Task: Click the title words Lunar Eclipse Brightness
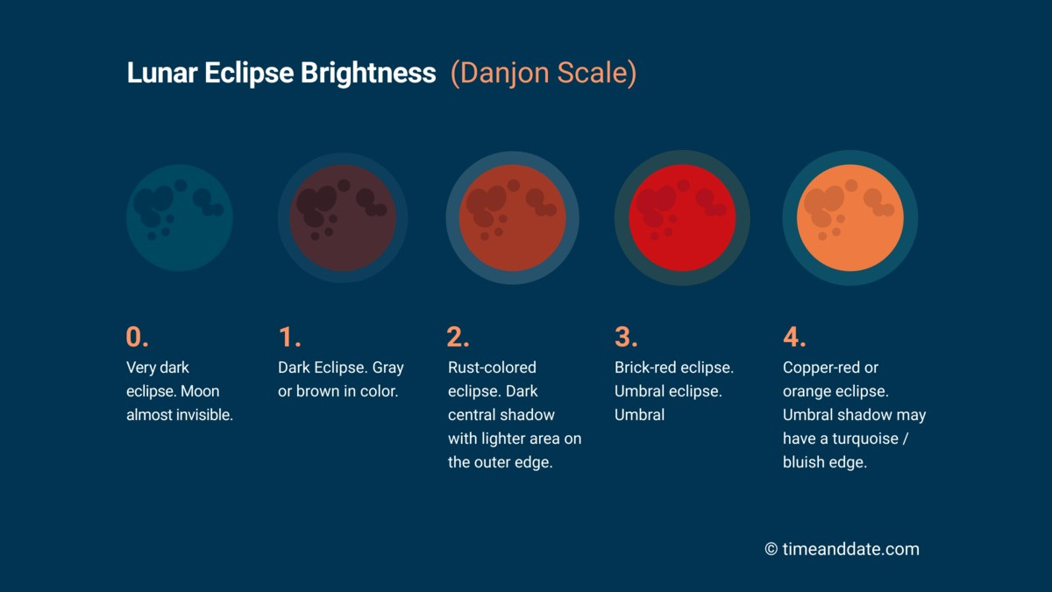point(281,74)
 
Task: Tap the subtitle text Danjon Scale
point(544,74)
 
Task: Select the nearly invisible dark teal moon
point(180,218)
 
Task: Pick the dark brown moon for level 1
point(343,218)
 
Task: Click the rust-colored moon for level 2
point(512,218)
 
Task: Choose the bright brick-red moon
point(681,218)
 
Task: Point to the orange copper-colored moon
point(849,218)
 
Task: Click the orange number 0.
point(137,338)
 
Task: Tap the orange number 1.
point(288,338)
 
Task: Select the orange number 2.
point(458,338)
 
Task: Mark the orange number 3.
point(625,338)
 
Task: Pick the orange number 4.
point(793,338)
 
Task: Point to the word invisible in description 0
point(203,415)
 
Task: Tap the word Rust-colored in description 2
point(492,367)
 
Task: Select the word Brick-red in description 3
point(646,367)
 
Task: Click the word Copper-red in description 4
point(822,367)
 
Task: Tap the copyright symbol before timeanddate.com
point(771,550)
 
